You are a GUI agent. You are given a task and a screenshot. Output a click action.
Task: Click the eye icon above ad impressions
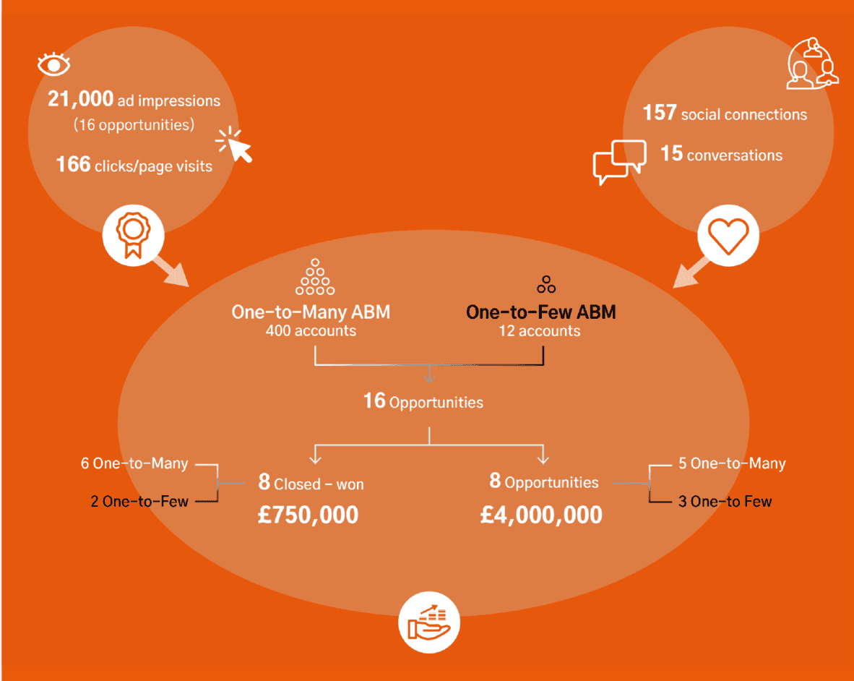(x=54, y=64)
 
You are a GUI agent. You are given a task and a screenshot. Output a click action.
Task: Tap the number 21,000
(x=81, y=99)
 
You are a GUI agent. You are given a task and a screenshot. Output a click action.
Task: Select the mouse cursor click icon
(x=234, y=144)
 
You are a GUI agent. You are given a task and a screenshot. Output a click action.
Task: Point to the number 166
(x=73, y=165)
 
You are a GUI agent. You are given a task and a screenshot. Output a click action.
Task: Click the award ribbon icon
(x=133, y=235)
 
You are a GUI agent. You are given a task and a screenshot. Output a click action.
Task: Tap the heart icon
(x=728, y=236)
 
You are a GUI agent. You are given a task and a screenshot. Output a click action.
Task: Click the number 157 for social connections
(x=660, y=113)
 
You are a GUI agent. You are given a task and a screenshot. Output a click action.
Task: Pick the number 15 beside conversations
(x=671, y=154)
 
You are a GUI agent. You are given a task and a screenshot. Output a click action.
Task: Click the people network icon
(x=812, y=64)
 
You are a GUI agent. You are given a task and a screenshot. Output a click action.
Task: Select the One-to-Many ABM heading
(x=311, y=312)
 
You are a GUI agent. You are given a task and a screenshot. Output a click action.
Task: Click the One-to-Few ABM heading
(x=541, y=312)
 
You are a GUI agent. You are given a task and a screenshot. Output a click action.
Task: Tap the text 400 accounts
(x=311, y=330)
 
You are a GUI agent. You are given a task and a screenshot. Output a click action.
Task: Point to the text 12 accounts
(x=540, y=330)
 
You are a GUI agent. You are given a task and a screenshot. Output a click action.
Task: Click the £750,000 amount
(x=309, y=515)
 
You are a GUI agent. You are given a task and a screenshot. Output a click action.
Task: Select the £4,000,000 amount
(x=541, y=515)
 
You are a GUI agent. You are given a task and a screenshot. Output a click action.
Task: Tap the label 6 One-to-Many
(x=134, y=463)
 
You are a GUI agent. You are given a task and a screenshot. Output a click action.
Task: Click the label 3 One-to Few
(x=725, y=501)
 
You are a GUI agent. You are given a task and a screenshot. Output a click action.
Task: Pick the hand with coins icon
(x=429, y=622)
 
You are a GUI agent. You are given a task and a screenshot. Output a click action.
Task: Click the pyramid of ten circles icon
(x=315, y=277)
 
